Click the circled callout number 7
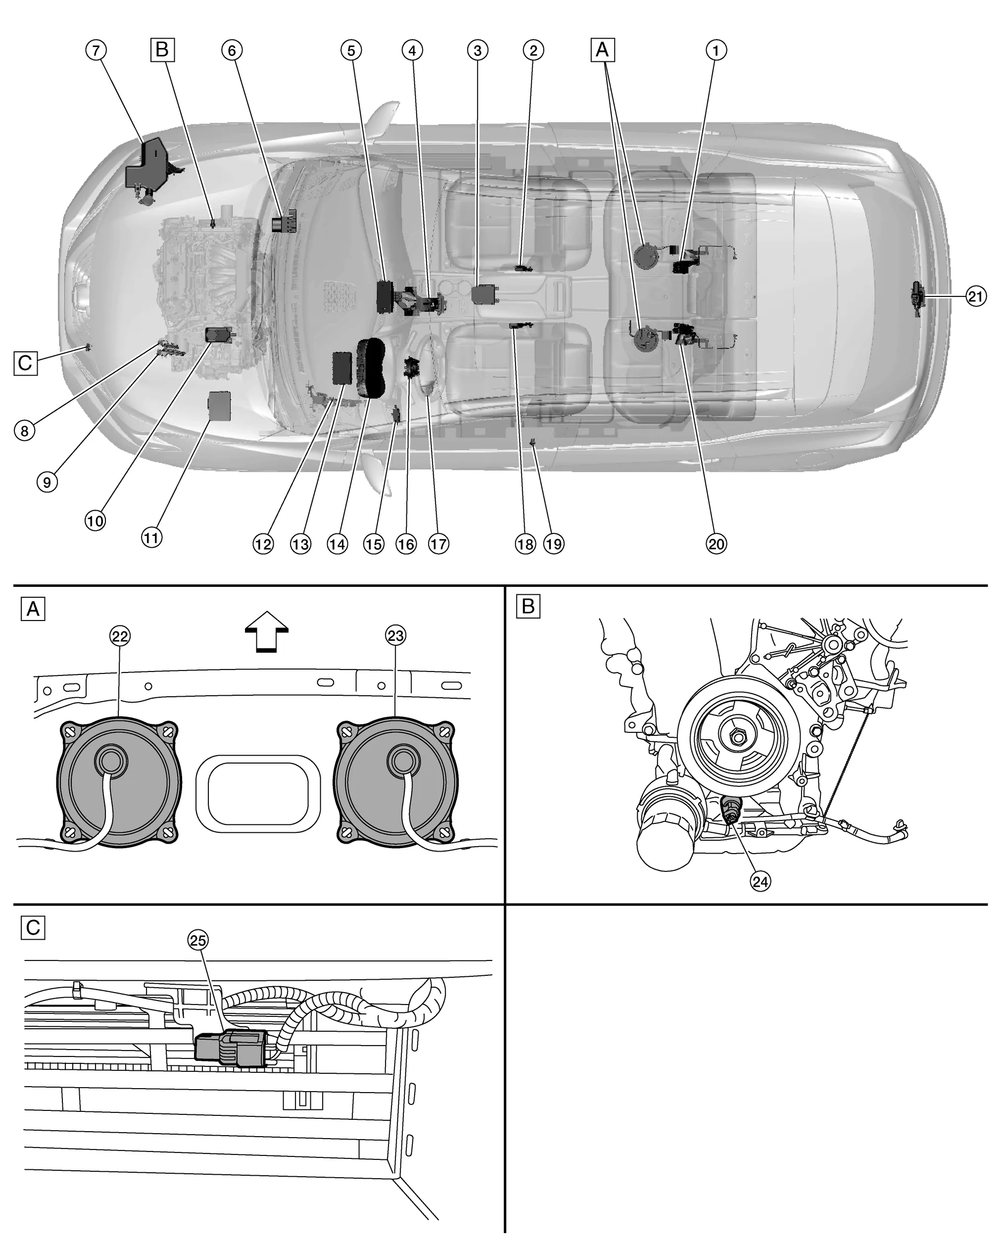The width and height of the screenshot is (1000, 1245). (x=96, y=50)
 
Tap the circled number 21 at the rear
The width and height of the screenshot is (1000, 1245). (x=976, y=297)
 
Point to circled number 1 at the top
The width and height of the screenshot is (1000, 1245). (x=716, y=50)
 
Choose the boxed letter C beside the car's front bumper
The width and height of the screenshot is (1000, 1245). (x=25, y=363)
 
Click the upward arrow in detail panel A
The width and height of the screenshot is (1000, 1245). (x=266, y=632)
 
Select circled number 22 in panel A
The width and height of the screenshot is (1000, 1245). (x=120, y=636)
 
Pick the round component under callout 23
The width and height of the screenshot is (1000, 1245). (x=396, y=782)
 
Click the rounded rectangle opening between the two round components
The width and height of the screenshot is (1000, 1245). (x=258, y=793)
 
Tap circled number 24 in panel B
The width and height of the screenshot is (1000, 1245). (x=760, y=881)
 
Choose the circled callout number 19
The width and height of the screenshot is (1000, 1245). (x=554, y=544)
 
